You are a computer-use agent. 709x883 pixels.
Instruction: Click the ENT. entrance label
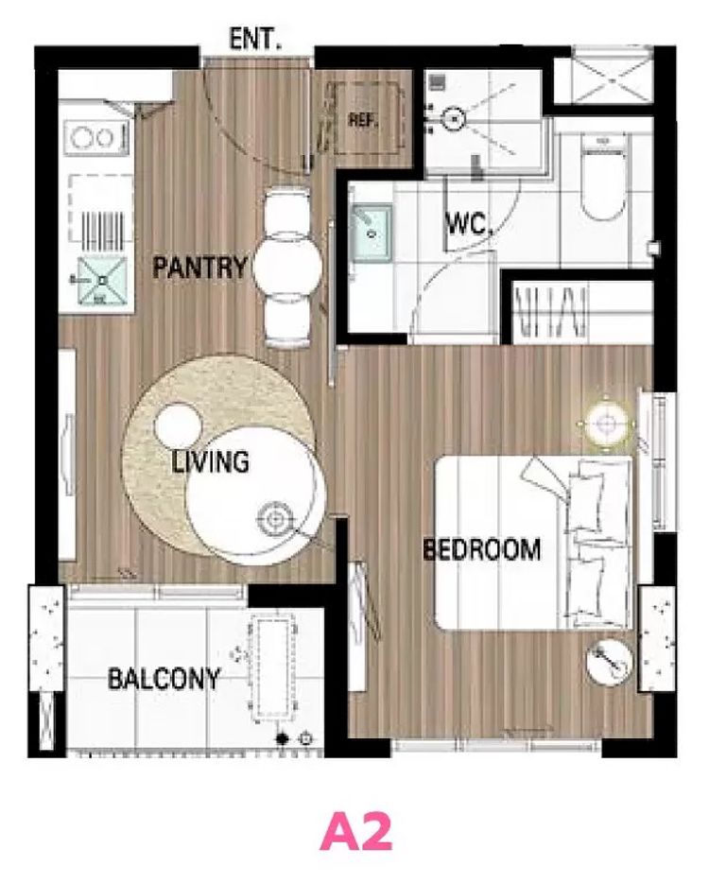(x=255, y=40)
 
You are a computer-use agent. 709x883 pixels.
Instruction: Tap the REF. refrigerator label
(x=363, y=119)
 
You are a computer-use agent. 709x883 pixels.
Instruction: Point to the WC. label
(x=469, y=223)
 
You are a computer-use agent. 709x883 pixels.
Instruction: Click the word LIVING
(x=211, y=461)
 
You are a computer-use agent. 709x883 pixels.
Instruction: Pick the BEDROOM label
(x=481, y=549)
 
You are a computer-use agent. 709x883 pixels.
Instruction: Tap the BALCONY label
(x=164, y=679)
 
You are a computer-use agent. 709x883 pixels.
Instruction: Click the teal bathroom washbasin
(x=372, y=233)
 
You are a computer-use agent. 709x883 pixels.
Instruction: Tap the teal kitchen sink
(x=102, y=281)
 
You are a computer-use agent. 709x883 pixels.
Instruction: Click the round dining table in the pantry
(x=287, y=268)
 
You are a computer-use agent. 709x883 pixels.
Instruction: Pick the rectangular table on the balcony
(x=274, y=667)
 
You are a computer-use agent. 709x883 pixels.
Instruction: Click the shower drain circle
(x=453, y=119)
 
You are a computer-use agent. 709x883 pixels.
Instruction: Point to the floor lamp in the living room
(x=275, y=518)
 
